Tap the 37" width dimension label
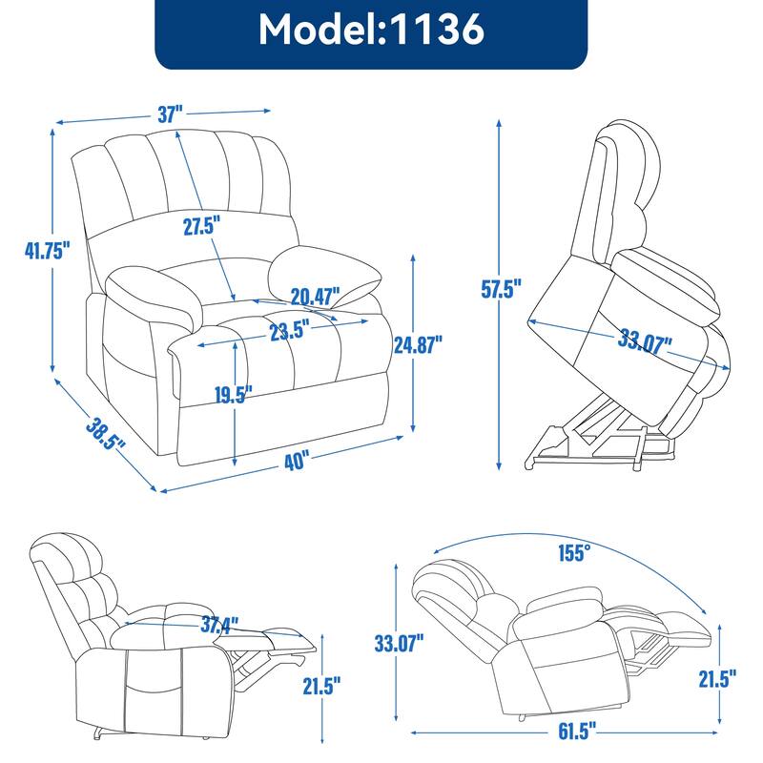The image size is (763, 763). point(171,114)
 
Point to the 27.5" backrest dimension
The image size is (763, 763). point(202,226)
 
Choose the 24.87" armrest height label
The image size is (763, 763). point(417,344)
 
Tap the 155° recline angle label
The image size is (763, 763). point(575,552)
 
